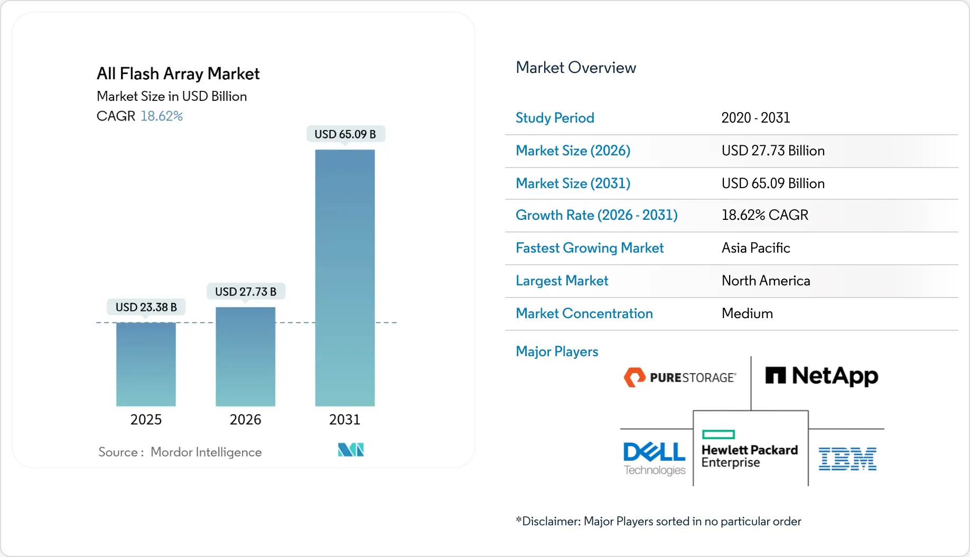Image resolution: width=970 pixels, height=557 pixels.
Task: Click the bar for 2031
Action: click(x=344, y=277)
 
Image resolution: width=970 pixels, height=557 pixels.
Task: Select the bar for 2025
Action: click(x=146, y=364)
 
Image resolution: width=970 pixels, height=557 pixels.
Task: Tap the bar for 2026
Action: click(x=245, y=357)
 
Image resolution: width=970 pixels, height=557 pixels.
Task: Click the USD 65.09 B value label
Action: click(x=345, y=134)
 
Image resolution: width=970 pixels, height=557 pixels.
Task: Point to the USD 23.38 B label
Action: click(x=146, y=307)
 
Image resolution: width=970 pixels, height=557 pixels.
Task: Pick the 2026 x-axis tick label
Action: click(x=245, y=420)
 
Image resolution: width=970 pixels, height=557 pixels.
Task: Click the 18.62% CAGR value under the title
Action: click(x=161, y=116)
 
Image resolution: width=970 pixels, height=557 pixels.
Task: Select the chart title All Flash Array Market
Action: click(x=178, y=73)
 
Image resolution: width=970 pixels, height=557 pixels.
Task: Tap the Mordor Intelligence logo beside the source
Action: click(x=351, y=450)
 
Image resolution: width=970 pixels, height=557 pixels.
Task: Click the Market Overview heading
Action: click(x=575, y=68)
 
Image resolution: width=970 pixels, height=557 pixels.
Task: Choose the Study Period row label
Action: click(x=555, y=118)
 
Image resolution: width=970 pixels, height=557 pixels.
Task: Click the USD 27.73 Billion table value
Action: click(x=772, y=151)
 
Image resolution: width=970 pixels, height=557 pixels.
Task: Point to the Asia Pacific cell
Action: click(x=756, y=248)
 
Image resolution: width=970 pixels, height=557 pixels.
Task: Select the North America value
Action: click(x=766, y=281)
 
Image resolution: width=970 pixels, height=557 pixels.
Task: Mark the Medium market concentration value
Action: click(x=747, y=313)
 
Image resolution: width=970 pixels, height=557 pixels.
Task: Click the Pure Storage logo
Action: click(x=679, y=377)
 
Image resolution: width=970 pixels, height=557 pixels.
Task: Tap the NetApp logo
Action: click(x=822, y=376)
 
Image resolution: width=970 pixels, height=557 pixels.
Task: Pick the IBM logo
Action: click(x=847, y=459)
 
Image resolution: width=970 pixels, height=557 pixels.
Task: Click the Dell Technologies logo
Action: click(x=654, y=458)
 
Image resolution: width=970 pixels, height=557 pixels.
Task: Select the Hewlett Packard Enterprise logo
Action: click(x=749, y=450)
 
